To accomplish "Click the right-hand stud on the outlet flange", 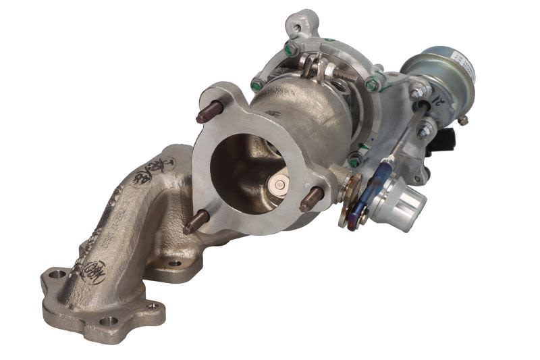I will [313, 198].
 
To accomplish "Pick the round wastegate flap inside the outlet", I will [278, 184].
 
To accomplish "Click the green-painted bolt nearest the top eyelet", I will [290, 49].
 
